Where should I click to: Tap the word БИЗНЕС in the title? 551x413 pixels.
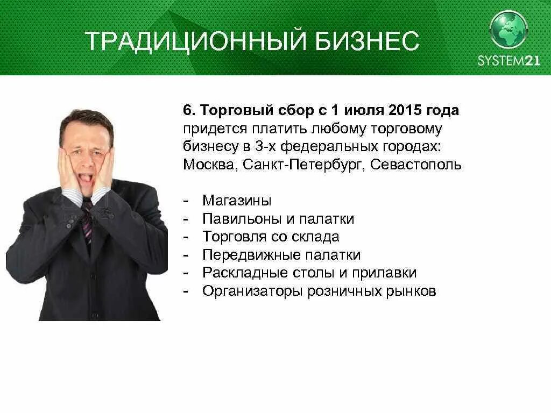pyautogui.click(x=368, y=41)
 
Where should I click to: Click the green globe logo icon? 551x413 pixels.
pyautogui.click(x=508, y=30)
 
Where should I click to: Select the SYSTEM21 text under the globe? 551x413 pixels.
pyautogui.click(x=508, y=61)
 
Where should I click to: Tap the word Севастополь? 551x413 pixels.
pyautogui.click(x=416, y=164)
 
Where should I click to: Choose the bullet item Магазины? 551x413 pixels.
pyautogui.click(x=237, y=201)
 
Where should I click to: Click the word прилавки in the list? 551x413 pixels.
pyautogui.click(x=384, y=273)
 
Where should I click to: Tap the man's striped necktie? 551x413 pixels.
pyautogui.click(x=87, y=220)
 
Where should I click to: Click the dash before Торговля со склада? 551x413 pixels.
pyautogui.click(x=186, y=237)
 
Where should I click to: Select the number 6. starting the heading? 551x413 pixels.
pyautogui.click(x=188, y=111)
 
